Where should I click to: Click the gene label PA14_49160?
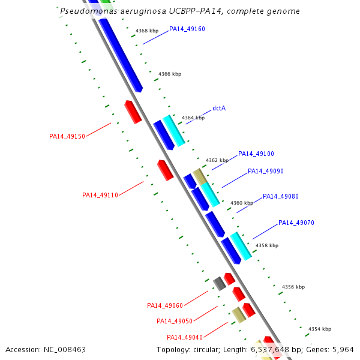click(x=187, y=29)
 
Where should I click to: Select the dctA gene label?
click(x=219, y=109)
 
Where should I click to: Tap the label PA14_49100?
click(x=256, y=154)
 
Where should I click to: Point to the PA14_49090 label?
click(x=265, y=172)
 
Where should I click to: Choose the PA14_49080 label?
click(x=280, y=197)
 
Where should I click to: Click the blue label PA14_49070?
click(x=296, y=223)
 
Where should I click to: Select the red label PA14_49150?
click(x=67, y=137)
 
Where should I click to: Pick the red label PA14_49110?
click(x=100, y=195)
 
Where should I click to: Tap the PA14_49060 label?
click(x=165, y=306)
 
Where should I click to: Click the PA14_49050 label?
click(x=175, y=322)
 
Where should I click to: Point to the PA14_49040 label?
click(x=185, y=337)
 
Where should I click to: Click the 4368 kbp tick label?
click(x=146, y=31)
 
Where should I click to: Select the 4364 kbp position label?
click(x=193, y=118)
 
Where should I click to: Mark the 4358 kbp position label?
click(x=267, y=245)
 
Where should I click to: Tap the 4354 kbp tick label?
click(x=320, y=329)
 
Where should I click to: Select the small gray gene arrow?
click(x=220, y=283)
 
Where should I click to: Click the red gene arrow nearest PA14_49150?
click(x=133, y=112)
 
